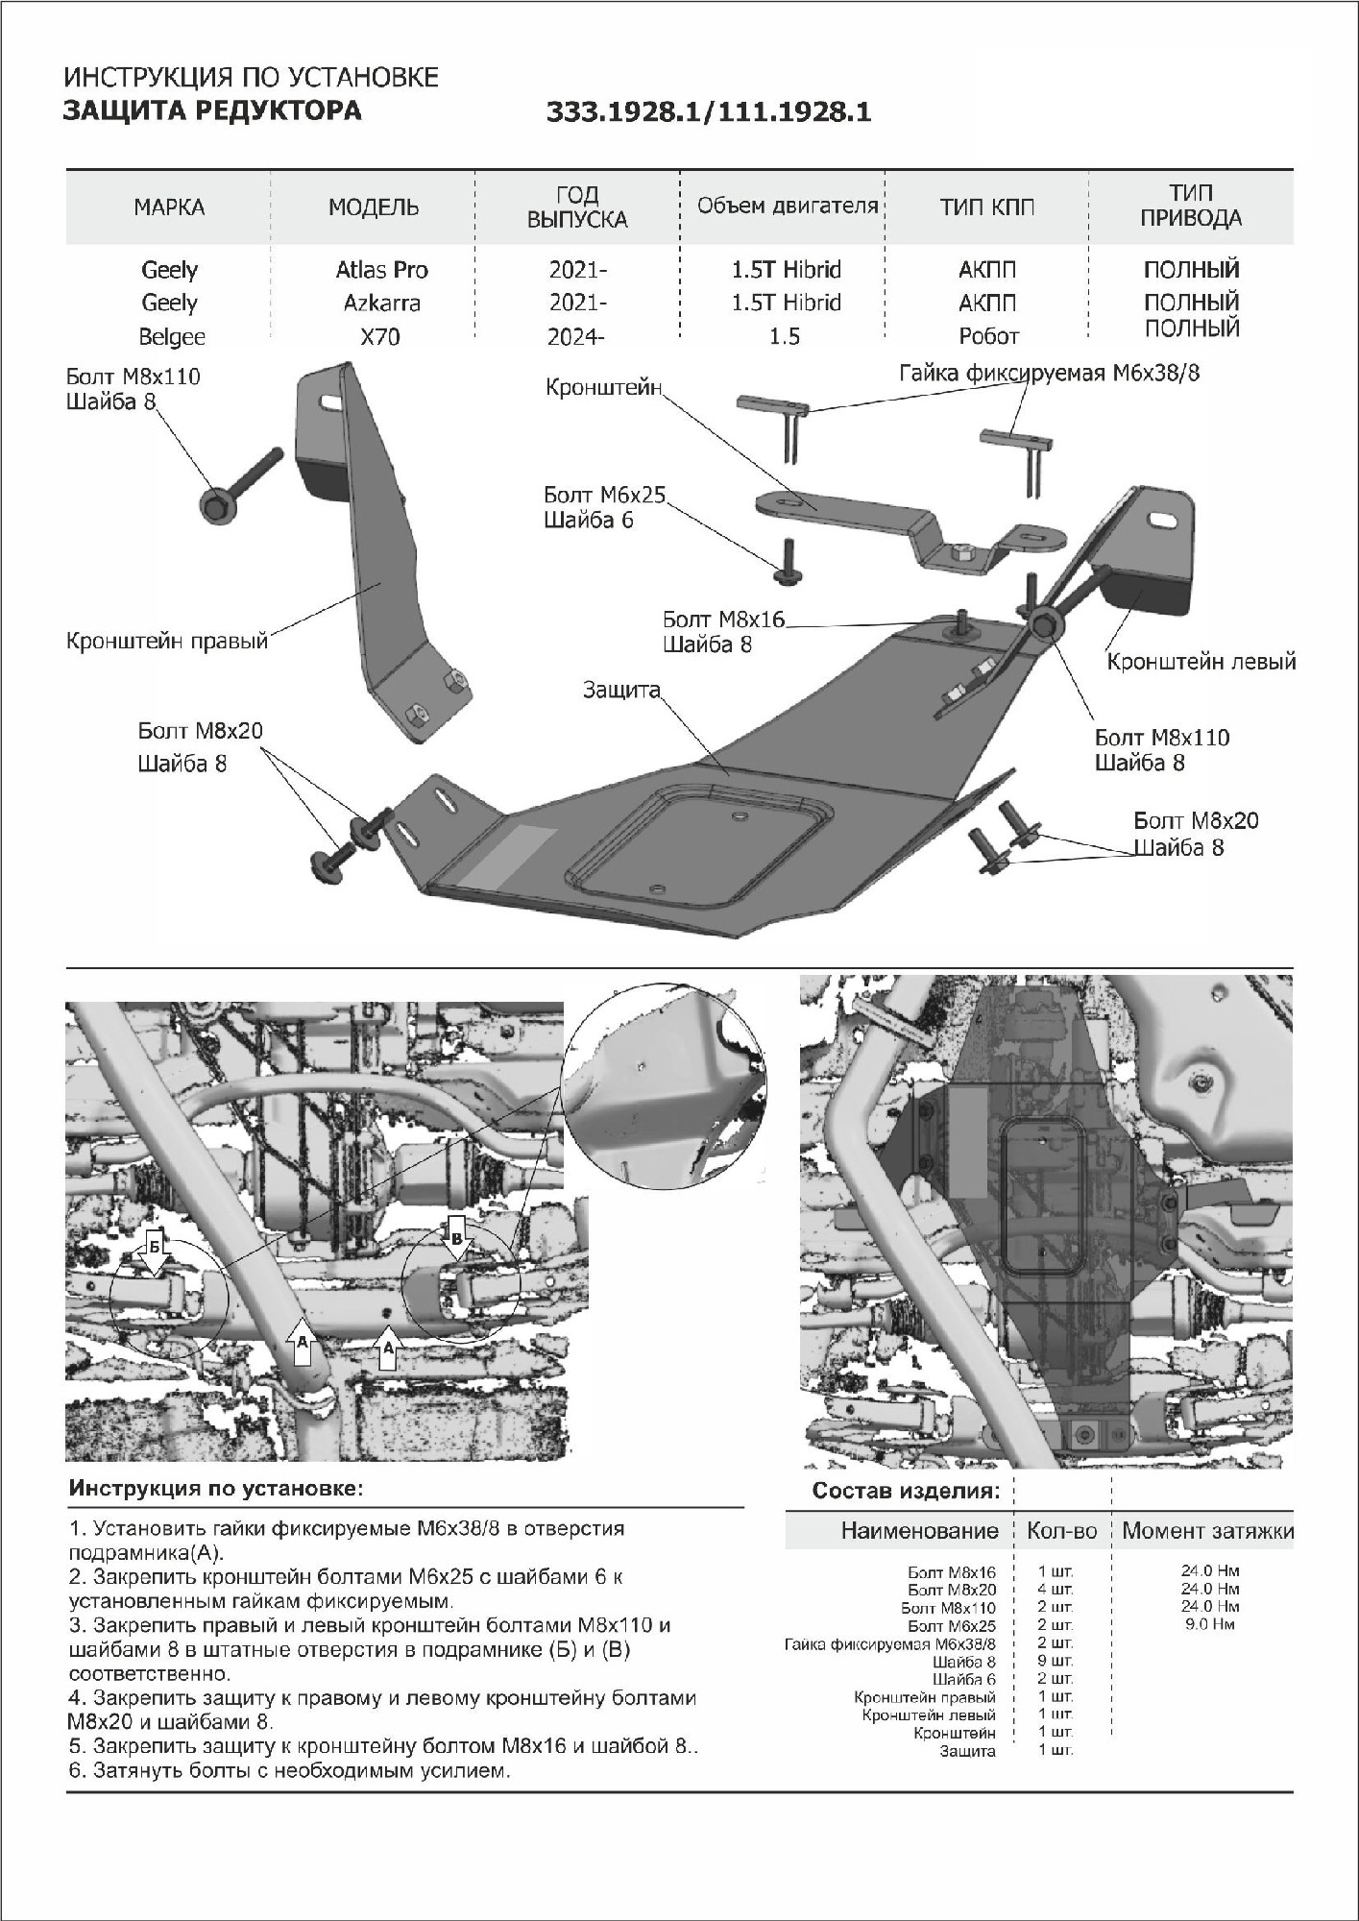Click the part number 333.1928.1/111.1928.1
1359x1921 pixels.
pos(708,112)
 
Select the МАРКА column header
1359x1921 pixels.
pos(169,207)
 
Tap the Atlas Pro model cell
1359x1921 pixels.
pos(381,270)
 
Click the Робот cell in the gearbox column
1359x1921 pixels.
pos(988,337)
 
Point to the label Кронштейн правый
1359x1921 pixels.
pos(166,641)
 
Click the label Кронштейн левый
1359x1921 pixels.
pos(1201,662)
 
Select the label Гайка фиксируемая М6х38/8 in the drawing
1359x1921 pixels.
pos(1049,373)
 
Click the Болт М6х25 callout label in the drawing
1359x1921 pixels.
pos(604,496)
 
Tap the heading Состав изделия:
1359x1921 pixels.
pos(906,1491)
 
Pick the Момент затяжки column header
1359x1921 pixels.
pos(1207,1530)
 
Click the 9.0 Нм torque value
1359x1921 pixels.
pos(1209,1624)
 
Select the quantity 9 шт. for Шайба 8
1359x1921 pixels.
pos(1055,1661)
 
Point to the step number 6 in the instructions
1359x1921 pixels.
pos(75,1770)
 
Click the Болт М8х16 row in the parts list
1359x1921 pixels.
pos(951,1572)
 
